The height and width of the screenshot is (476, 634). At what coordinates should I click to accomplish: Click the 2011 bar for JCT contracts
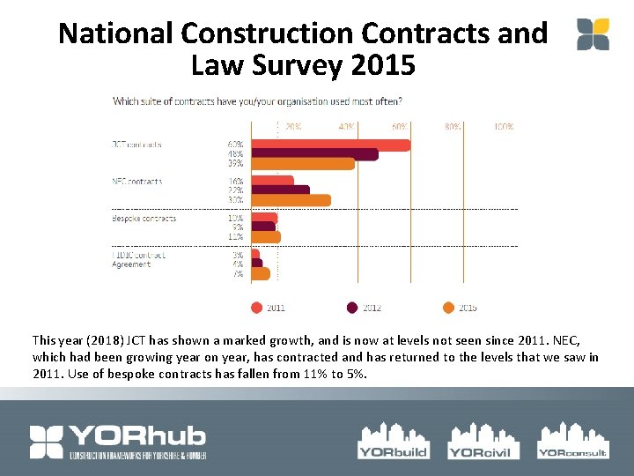point(330,145)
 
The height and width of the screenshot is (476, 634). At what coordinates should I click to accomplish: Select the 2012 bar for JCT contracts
point(314,154)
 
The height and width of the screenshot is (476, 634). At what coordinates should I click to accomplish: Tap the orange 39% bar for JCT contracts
point(302,164)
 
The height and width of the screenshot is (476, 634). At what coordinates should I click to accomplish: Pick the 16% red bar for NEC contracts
point(272,182)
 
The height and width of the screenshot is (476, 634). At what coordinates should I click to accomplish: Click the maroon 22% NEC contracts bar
point(280,190)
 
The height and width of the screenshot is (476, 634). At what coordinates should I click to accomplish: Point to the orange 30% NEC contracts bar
point(291,200)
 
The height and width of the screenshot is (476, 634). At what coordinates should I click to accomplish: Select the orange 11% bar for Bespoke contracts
point(266,236)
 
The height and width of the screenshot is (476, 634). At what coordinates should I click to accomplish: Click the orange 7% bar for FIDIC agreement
point(261,273)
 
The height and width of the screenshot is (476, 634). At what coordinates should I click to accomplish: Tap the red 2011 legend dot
point(256,308)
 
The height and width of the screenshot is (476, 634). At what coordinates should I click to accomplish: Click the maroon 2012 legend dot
point(352,308)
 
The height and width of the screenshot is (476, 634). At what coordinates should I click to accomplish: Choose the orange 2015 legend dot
point(448,308)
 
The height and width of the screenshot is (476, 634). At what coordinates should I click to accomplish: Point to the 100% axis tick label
point(504,127)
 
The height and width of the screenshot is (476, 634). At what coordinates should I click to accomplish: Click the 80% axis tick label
point(453,127)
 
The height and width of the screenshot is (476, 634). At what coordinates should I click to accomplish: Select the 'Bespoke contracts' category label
point(144,219)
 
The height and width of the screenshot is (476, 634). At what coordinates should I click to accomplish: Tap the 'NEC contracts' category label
point(137,182)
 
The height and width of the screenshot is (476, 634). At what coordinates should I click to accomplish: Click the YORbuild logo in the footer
point(393,440)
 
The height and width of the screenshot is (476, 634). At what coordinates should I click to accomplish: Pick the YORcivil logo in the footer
point(479,440)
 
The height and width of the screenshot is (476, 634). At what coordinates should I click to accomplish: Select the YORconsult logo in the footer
point(572,440)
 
